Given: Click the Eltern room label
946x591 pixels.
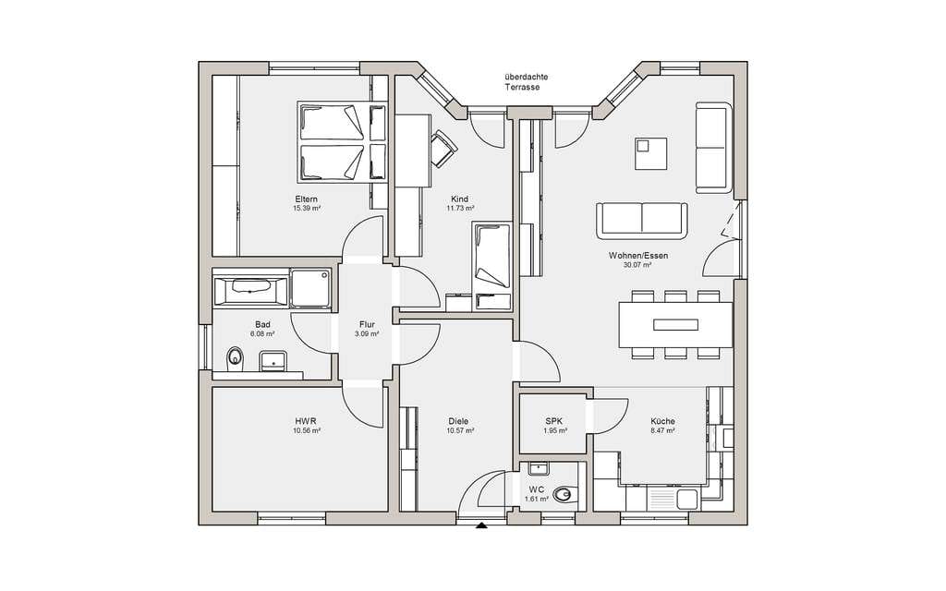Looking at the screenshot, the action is coord(306,199).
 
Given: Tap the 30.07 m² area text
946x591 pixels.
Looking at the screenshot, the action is coord(637,265).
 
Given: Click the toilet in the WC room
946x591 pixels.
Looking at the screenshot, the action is coord(564,495).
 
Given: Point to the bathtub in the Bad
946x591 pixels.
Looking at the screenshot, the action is coord(251,291).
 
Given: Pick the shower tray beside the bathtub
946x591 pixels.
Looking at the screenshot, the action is coord(310,288).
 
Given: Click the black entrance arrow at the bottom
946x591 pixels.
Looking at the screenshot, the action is coord(480,525).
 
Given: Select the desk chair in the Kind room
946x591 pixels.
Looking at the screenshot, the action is coord(443,147).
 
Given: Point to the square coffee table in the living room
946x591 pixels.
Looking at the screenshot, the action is coord(650,153).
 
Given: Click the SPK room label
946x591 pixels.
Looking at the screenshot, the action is coord(555,421).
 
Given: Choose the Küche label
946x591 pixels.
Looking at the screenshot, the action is coord(662,421).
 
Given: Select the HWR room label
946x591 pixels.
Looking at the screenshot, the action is coord(306,421).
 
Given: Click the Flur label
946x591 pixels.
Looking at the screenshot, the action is coord(367,324).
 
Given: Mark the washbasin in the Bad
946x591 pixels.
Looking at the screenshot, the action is coord(273,361).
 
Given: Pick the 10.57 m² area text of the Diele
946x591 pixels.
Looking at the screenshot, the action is coord(460,430).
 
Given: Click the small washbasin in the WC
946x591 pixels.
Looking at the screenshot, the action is coord(537,469).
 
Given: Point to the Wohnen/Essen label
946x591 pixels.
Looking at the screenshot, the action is coord(638,255).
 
